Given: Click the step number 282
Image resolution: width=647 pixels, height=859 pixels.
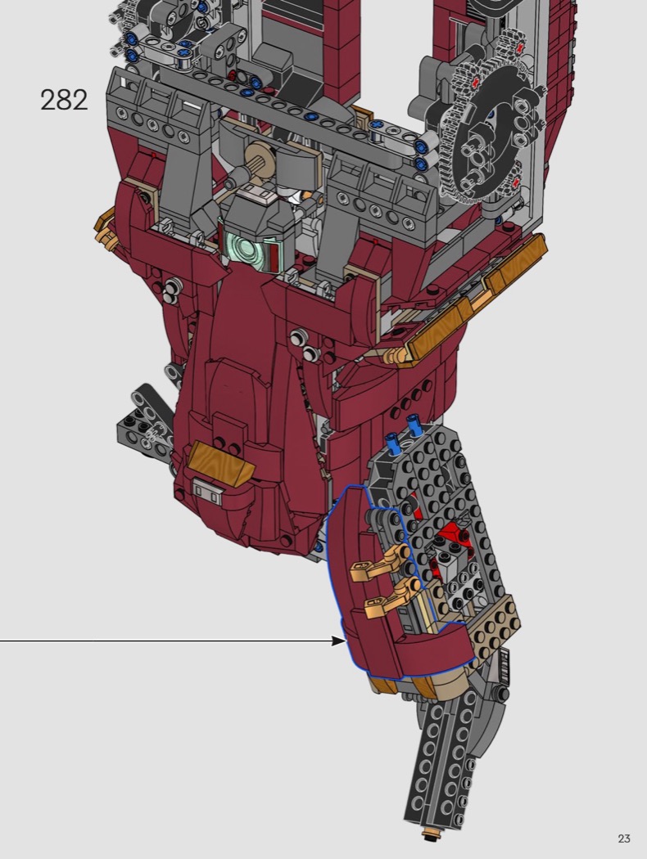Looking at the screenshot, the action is [64, 101].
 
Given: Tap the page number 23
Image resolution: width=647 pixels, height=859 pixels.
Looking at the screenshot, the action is [624, 839].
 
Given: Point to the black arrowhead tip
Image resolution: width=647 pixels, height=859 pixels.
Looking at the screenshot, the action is [345, 641].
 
